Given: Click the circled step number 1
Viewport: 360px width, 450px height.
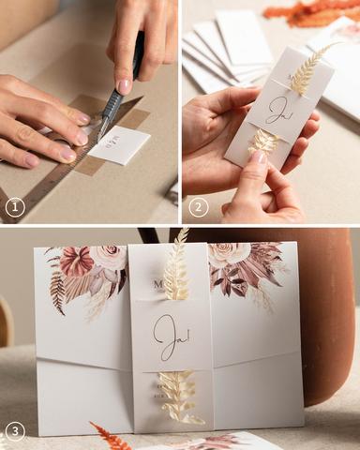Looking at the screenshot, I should [15, 206].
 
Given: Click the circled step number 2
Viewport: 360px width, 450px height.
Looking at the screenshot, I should [198, 206].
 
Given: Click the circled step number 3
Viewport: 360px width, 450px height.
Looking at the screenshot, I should [15, 432].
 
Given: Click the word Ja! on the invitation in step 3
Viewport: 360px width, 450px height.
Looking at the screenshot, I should [169, 336].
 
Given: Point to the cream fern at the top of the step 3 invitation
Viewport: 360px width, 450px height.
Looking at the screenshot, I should [176, 267].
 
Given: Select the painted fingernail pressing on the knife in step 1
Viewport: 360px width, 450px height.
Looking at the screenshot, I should [124, 86].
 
